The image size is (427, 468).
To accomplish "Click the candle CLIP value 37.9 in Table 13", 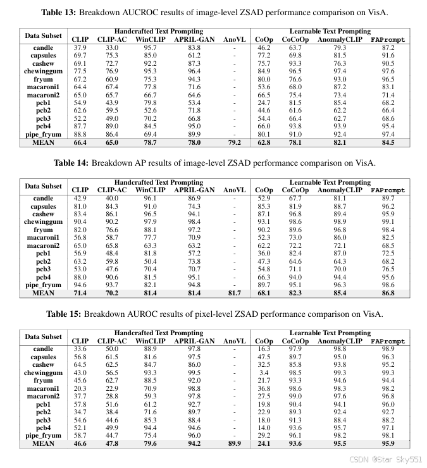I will click(x=80, y=48).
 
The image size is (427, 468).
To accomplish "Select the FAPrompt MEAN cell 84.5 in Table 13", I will click(x=388, y=143).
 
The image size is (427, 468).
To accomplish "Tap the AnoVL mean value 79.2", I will click(x=234, y=143).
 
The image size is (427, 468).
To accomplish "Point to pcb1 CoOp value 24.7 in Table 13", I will click(x=263, y=103).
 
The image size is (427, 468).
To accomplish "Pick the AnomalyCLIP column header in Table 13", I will click(x=340, y=39).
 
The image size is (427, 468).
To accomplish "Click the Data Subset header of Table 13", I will click(x=44, y=35).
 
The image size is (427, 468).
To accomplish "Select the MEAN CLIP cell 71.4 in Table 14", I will click(x=80, y=293).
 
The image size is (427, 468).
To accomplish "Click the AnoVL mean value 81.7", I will click(x=234, y=293).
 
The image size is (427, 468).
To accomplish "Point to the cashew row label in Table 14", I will click(x=44, y=214).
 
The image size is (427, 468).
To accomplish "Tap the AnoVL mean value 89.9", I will click(x=234, y=444).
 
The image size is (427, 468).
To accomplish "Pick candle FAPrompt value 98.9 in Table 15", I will click(x=388, y=349).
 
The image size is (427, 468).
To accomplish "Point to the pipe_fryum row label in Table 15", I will click(x=44, y=436).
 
